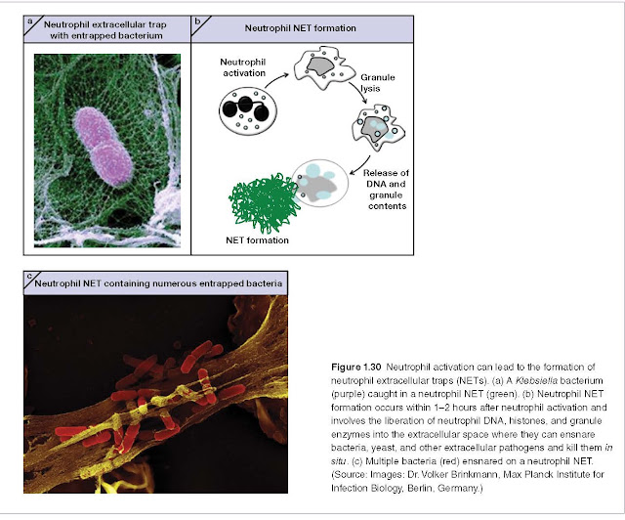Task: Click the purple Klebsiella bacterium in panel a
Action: point(104,146)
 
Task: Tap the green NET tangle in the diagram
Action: point(265,203)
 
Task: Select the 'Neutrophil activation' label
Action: point(243,67)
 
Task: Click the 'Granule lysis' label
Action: point(377,83)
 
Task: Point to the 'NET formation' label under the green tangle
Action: point(257,240)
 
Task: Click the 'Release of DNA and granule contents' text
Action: point(387,190)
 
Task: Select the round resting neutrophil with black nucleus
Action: point(247,110)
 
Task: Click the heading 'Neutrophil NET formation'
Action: point(300,28)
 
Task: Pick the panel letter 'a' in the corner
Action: point(30,22)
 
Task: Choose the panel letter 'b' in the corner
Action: point(197,22)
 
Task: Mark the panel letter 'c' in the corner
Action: point(29,276)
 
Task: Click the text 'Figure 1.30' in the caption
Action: point(355,368)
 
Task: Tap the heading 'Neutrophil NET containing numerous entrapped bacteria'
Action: point(158,283)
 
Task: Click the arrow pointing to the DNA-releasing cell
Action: point(360,166)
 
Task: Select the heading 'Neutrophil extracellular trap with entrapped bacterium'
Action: point(105,30)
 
